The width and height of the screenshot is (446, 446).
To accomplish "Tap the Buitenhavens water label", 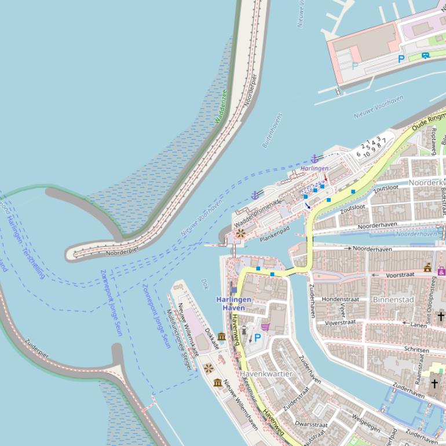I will point(272,130).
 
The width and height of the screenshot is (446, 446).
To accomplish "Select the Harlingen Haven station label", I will point(234,304).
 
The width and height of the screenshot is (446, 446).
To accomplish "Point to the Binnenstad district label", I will point(393,299).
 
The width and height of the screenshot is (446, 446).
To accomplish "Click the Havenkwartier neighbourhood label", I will point(266,374).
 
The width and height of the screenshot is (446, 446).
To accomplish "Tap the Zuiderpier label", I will point(36,347).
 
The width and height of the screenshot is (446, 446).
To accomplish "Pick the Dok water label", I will point(204,284).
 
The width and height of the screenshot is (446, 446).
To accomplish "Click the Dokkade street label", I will point(212,338).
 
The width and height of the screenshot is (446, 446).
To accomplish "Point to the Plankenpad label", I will point(275,234).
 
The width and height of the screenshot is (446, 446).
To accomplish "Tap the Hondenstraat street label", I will point(341,299).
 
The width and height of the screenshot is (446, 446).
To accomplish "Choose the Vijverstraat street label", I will point(340,322).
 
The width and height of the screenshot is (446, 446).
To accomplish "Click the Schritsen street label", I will point(416,350).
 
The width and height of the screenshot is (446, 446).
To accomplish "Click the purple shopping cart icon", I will point(265,327).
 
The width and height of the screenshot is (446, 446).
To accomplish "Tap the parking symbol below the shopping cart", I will point(258,337).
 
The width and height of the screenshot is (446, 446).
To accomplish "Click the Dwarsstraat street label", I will point(311,424).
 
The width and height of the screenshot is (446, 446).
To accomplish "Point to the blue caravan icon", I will point(426,56).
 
